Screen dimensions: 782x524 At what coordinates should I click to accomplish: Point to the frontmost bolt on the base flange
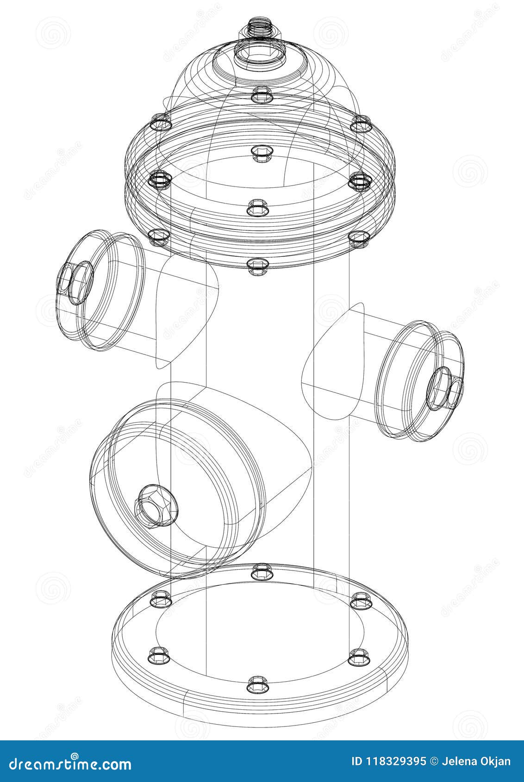coord(258,683)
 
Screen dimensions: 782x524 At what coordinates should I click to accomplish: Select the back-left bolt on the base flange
coord(161,598)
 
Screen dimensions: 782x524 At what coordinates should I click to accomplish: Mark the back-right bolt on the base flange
coord(359,601)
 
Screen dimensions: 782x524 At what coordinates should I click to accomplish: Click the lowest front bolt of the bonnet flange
coord(258,266)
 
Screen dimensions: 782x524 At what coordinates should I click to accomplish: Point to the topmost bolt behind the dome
coord(262,94)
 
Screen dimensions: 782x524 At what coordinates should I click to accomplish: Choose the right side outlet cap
coord(419,379)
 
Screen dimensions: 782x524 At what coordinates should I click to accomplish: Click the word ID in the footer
coord(357,762)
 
